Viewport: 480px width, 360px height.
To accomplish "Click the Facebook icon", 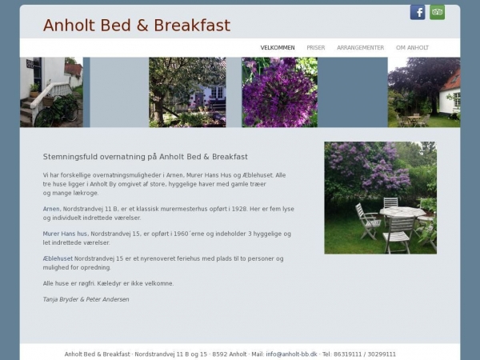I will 418,12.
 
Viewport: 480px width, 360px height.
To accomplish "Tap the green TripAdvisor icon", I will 437,12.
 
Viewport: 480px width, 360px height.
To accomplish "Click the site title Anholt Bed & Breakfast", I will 137,26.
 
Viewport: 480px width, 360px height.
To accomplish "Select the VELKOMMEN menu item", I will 278,48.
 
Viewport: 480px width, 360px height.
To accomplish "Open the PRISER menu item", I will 316,48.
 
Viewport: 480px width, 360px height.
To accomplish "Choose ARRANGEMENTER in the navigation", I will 361,48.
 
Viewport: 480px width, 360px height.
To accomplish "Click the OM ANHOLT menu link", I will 413,48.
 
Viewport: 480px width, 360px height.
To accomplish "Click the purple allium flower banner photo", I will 279,92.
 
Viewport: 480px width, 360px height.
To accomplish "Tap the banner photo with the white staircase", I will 51,92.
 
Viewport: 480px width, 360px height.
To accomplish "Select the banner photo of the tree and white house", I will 186,92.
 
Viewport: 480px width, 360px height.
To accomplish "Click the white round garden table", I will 402,213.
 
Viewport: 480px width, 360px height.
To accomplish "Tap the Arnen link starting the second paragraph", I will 51,209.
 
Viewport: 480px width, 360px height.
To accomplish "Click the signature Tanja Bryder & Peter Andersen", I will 86,299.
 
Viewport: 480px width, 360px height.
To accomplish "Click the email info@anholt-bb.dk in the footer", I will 291,354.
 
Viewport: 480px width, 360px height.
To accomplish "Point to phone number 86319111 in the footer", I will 349,354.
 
